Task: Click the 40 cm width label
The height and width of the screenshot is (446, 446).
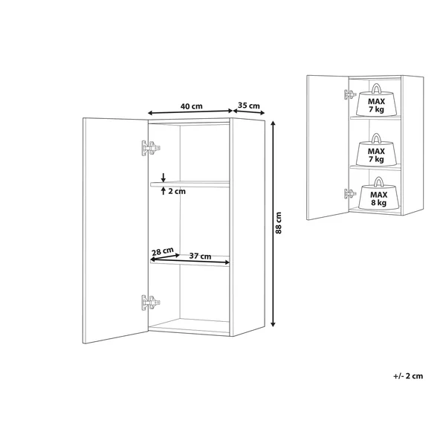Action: pos(192,106)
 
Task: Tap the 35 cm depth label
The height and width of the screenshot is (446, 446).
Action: pos(249,106)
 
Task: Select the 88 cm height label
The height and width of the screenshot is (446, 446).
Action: pos(279,223)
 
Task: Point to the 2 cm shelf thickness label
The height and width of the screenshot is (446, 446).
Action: pos(177,192)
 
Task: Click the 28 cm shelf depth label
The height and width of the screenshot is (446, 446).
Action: pos(162,251)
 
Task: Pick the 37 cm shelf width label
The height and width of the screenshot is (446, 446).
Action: pos(200,256)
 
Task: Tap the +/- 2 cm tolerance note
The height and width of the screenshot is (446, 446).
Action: pos(408,376)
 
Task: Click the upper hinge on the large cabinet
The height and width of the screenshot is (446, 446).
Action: pos(151,148)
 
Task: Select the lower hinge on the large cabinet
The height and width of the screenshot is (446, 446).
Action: pos(151,303)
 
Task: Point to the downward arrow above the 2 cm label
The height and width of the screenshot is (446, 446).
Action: pos(163,177)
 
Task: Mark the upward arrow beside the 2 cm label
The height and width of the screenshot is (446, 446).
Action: pos(163,190)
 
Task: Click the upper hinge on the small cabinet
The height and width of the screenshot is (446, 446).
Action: pos(350,94)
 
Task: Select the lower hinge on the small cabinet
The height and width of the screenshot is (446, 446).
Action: pos(350,194)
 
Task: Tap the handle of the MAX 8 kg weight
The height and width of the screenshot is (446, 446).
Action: pos(378,181)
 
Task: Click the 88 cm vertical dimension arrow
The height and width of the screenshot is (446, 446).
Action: pos(273,224)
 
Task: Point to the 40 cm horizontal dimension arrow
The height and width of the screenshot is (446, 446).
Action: pos(190,112)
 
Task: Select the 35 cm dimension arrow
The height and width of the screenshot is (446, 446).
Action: pos(249,112)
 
